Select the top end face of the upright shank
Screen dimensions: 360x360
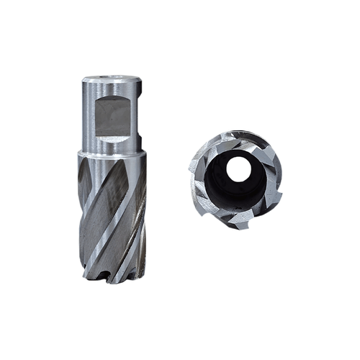click(x=112, y=77)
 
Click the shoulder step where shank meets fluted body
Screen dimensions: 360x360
click(x=112, y=150)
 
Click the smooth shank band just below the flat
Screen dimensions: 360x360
click(x=112, y=144)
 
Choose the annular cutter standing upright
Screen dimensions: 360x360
click(x=112, y=180)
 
